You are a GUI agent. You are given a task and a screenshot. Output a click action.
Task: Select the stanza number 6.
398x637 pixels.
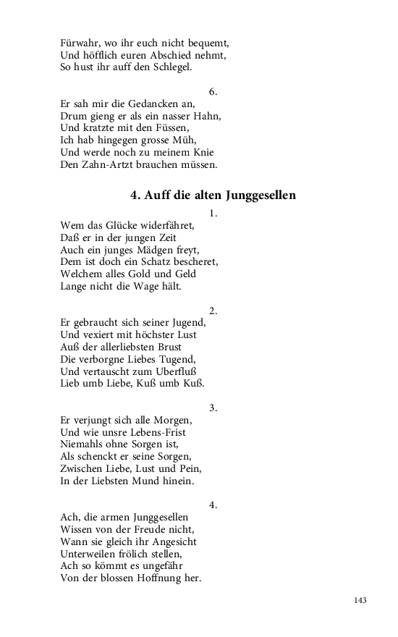pos(213,92)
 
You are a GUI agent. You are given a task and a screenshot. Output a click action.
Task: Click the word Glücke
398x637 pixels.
pos(125,225)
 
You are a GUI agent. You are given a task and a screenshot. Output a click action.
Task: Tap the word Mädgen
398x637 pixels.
pos(155,250)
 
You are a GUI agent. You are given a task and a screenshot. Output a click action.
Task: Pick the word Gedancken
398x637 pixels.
pos(149,104)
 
